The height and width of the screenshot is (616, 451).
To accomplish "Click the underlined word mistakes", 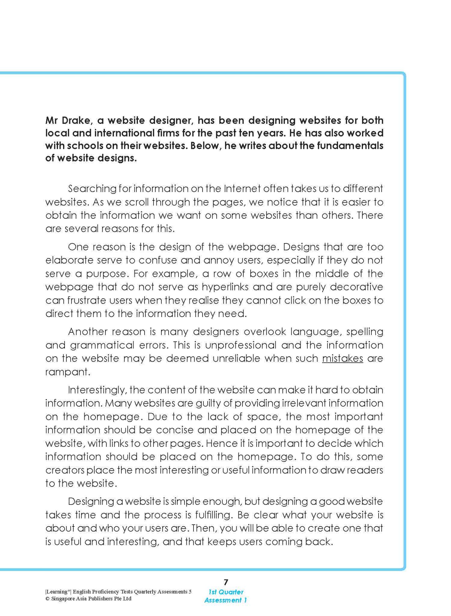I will click(x=342, y=358).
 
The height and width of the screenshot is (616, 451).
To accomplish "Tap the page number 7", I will click(x=226, y=582).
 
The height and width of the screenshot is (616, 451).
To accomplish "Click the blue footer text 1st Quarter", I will click(x=226, y=592).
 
